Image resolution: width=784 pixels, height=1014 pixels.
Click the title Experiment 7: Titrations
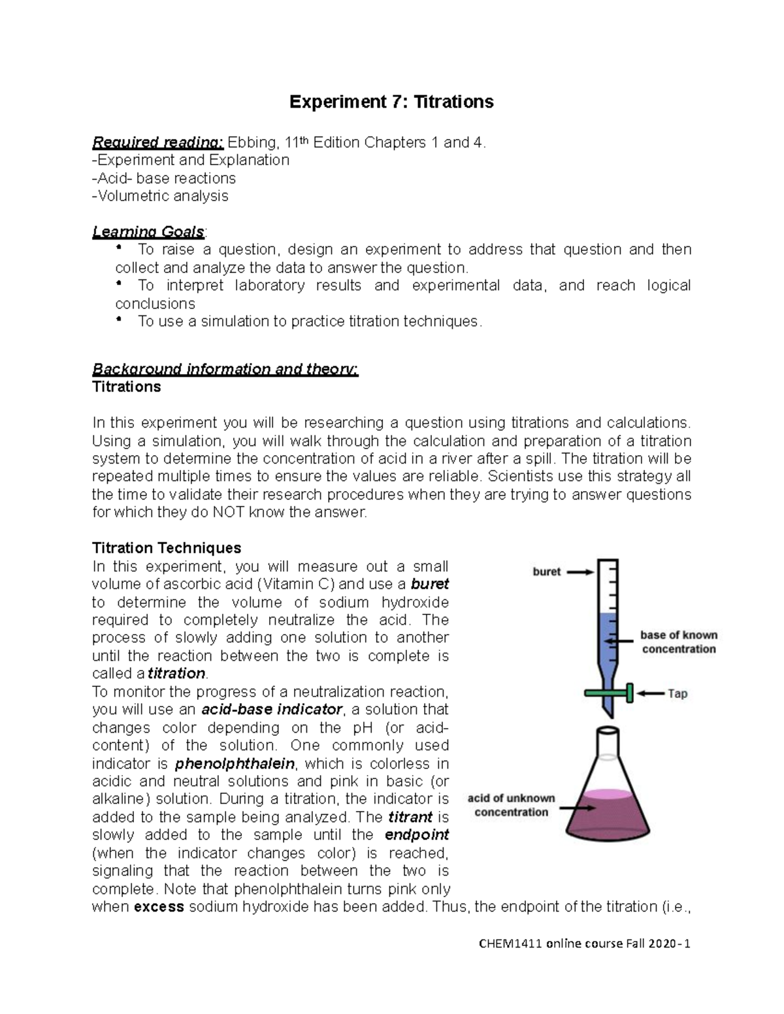(391, 102)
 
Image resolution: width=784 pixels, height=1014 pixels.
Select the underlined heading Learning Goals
(149, 232)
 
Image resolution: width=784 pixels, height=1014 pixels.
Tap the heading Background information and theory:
(225, 369)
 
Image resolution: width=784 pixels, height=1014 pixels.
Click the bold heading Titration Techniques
(167, 547)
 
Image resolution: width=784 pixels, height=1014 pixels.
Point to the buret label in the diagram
(546, 572)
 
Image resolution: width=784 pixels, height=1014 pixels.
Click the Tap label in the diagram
(677, 693)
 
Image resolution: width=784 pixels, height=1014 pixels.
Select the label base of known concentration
(678, 642)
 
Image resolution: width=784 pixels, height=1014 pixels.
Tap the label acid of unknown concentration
(511, 805)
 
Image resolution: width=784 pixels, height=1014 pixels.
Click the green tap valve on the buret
(609, 693)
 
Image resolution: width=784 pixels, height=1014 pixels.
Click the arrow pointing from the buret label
(580, 572)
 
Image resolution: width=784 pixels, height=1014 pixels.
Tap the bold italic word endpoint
(417, 834)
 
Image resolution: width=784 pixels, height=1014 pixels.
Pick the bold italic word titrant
(410, 817)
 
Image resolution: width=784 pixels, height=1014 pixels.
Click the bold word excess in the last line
(158, 906)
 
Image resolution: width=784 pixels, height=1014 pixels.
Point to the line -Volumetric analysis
(161, 196)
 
